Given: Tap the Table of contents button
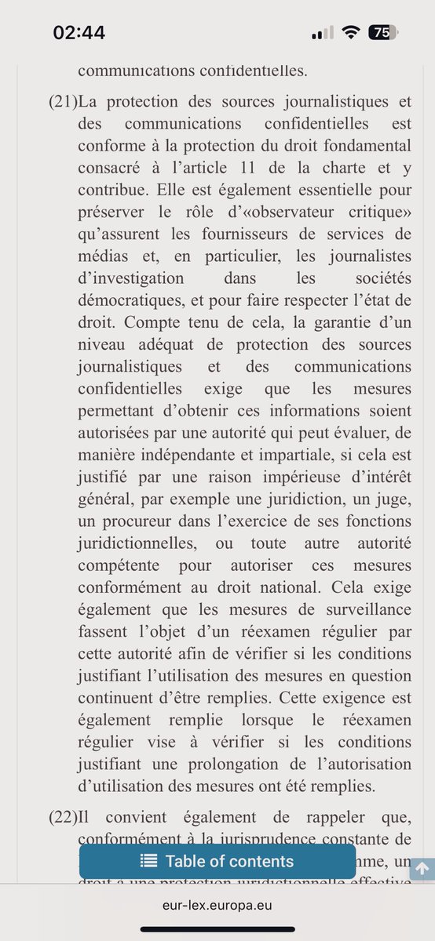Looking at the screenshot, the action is [x=217, y=861].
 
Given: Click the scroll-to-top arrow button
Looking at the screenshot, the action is [x=422, y=868].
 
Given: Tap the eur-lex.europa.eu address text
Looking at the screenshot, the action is [x=217, y=904].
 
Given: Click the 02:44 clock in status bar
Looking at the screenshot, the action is [x=79, y=32].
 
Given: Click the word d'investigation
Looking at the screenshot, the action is [x=131, y=278].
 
